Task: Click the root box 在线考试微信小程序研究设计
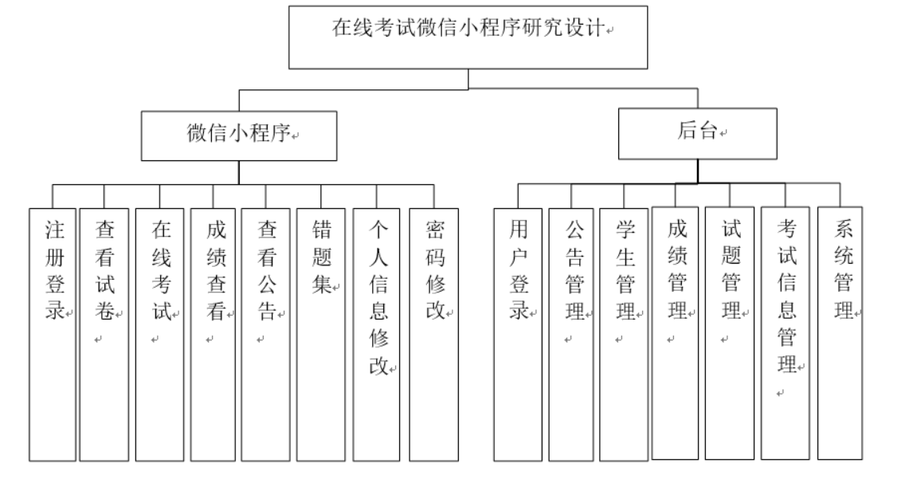pyautogui.click(x=468, y=37)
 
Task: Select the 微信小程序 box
pyautogui.click(x=240, y=136)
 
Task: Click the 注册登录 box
pyautogui.click(x=53, y=334)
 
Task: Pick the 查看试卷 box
pyautogui.click(x=104, y=334)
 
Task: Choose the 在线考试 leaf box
pyautogui.click(x=159, y=334)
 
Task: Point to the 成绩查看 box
pyautogui.click(x=214, y=334)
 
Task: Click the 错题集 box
pyautogui.click(x=320, y=334)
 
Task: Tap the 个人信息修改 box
pyautogui.click(x=377, y=334)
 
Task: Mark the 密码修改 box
pyautogui.click(x=434, y=334)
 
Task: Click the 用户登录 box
pyautogui.click(x=518, y=334)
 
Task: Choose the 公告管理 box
pyautogui.click(x=572, y=334)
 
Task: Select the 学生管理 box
pyautogui.click(x=624, y=334)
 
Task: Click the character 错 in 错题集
pyautogui.click(x=320, y=232)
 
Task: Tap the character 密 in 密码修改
pyautogui.click(x=434, y=232)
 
